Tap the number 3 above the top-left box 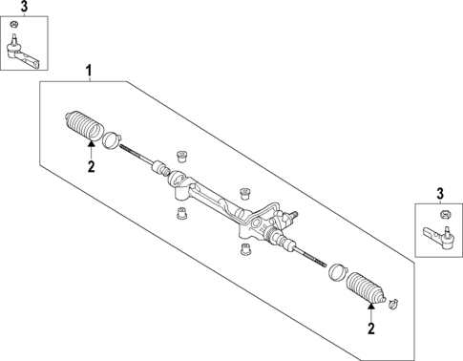coord(25,8)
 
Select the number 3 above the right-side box coord(441,195)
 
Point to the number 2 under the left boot coord(92,166)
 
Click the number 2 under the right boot coord(371,329)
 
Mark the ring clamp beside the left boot coord(112,139)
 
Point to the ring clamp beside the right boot coord(335,272)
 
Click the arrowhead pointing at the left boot coord(91,145)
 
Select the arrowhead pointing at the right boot coord(371,308)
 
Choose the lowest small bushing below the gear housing coord(244,251)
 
